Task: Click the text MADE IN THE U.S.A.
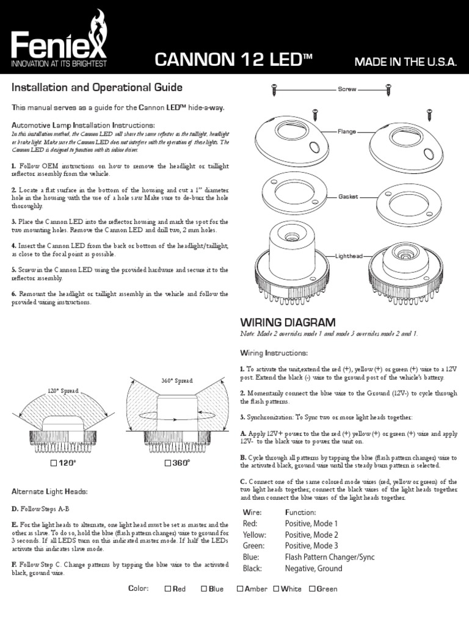click(x=405, y=62)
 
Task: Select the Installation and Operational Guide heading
click(x=98, y=88)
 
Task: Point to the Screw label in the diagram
click(x=347, y=89)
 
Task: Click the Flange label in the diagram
click(x=347, y=131)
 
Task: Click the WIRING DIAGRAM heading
click(x=288, y=322)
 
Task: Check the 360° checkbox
click(x=167, y=463)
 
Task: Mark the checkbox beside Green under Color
click(x=311, y=589)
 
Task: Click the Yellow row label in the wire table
click(x=255, y=535)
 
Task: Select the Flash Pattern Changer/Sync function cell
click(x=330, y=557)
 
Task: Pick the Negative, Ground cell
click(x=313, y=568)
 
